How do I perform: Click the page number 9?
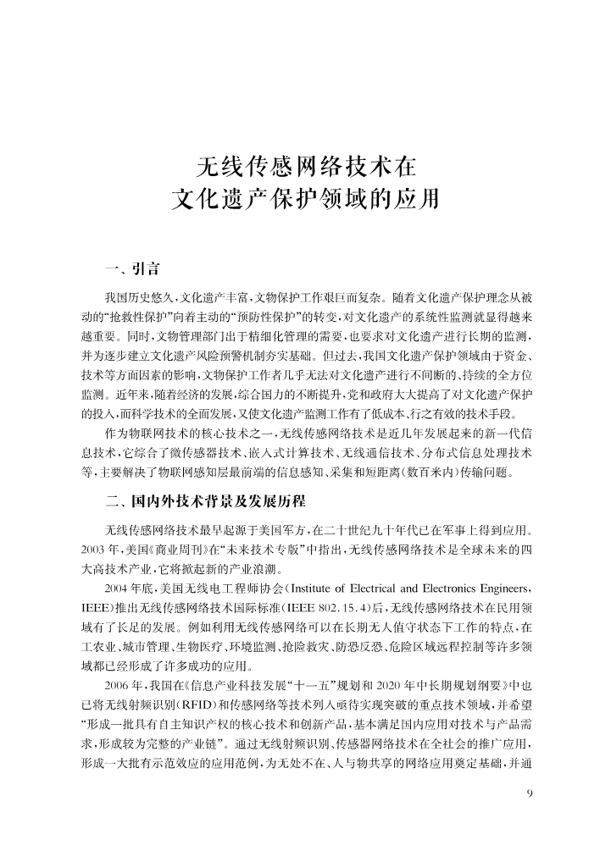click(530, 793)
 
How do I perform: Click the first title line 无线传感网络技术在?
click(305, 163)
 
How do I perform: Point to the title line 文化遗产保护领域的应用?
click(305, 200)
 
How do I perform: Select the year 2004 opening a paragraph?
click(120, 587)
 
